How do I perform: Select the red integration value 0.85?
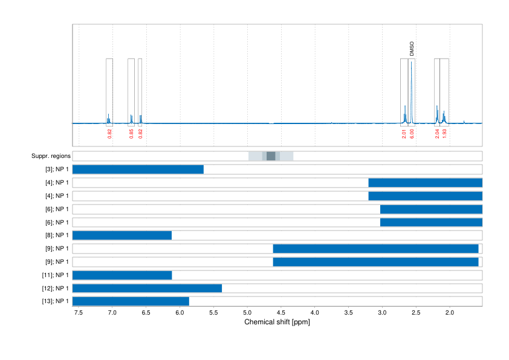(x=131, y=134)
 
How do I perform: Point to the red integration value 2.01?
(x=404, y=134)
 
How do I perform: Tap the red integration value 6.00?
(x=412, y=134)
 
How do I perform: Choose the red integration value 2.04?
(x=437, y=134)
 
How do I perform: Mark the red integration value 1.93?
(x=444, y=134)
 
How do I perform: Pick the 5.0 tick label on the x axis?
(x=247, y=313)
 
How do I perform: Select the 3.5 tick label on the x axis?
(x=348, y=313)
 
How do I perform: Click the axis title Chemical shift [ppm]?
(x=277, y=322)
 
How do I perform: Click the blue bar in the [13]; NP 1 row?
(x=131, y=301)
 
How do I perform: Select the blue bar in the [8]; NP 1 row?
(x=122, y=235)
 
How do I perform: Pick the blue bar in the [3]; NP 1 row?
(x=138, y=169)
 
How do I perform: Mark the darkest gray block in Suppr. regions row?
(x=271, y=156)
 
